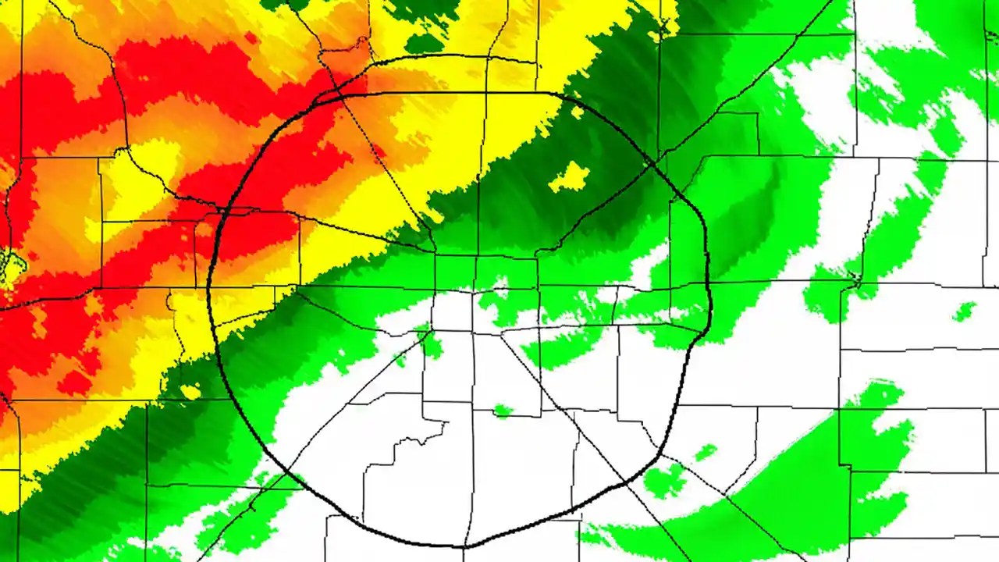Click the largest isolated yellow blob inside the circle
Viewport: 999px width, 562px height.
pos(570,178)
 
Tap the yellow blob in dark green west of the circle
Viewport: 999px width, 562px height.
pos(190,390)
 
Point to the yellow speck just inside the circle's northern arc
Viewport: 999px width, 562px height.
pos(577,113)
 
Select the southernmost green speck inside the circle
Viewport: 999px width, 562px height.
pos(503,411)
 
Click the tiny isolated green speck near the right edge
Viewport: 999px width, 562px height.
pos(964,311)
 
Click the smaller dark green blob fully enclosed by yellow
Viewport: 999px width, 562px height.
pos(424,43)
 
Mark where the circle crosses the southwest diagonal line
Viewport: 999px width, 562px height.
pos(289,472)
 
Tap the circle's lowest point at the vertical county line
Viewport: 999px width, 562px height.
pos(467,546)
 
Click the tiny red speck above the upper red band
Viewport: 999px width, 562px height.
pos(250,37)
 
